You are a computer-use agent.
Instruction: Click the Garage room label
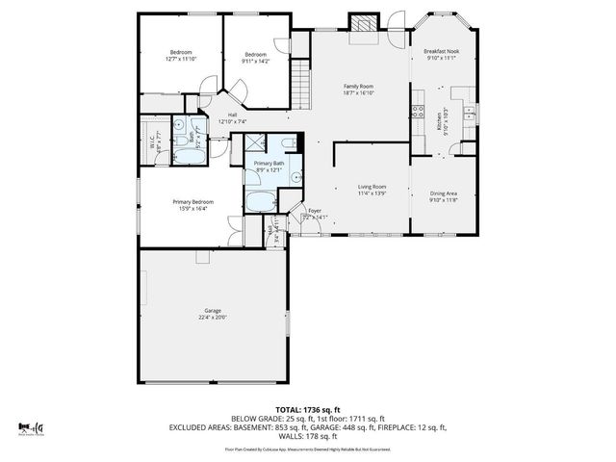pyautogui.click(x=213, y=311)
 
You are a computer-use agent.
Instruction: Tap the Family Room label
pyautogui.click(x=359, y=87)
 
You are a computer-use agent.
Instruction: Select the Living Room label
pyautogui.click(x=372, y=187)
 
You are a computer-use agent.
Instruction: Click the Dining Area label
pyautogui.click(x=443, y=193)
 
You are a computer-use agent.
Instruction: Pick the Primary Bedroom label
pyautogui.click(x=193, y=201)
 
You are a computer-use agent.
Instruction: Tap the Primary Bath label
pyautogui.click(x=269, y=164)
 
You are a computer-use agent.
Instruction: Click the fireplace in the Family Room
pyautogui.click(x=363, y=26)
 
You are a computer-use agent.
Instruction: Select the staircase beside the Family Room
pyautogui.click(x=302, y=74)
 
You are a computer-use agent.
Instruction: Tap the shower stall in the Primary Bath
pyautogui.click(x=255, y=144)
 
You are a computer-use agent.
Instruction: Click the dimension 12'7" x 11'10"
pyautogui.click(x=181, y=60)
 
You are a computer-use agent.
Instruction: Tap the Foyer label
pyautogui.click(x=314, y=210)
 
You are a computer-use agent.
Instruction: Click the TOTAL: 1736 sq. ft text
pyautogui.click(x=308, y=409)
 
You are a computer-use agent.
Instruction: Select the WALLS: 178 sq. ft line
pyautogui.click(x=308, y=435)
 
